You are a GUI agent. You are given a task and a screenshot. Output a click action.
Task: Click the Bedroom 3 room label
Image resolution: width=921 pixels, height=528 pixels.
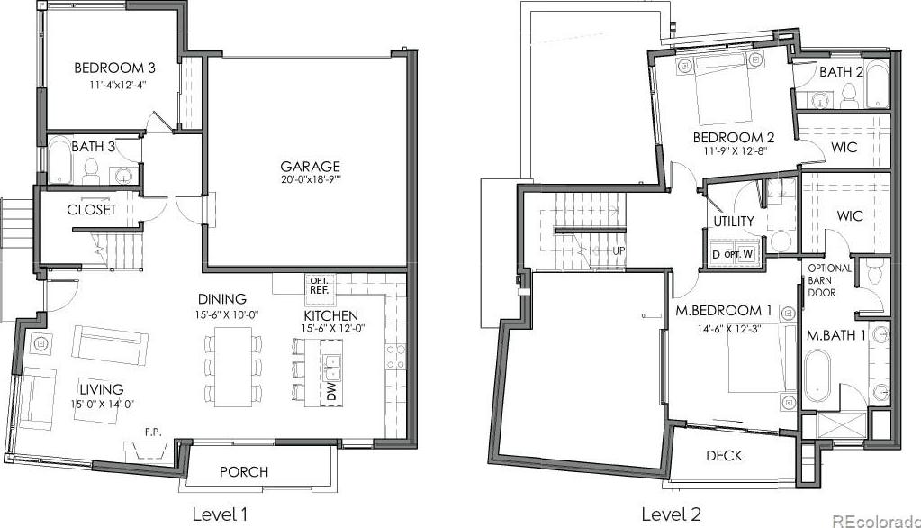click(x=114, y=68)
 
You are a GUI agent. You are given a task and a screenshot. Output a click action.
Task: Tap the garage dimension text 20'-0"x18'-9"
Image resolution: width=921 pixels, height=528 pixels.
click(x=310, y=180)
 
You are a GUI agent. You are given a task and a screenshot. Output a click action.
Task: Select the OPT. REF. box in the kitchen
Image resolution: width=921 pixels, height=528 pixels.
click(x=320, y=285)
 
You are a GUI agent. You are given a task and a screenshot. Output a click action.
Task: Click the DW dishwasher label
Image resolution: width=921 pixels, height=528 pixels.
click(x=330, y=392)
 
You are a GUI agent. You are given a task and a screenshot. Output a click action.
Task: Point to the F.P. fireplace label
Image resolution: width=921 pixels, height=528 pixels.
click(x=153, y=432)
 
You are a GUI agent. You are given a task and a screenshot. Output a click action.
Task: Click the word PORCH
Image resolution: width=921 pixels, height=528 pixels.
click(x=244, y=471)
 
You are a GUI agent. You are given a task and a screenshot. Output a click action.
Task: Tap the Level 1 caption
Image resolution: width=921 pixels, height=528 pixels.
click(x=221, y=514)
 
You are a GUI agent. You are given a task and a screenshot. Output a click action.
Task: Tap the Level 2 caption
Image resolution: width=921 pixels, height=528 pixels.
click(x=671, y=514)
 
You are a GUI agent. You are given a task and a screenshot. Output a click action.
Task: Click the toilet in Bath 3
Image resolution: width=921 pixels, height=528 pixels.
click(x=90, y=169)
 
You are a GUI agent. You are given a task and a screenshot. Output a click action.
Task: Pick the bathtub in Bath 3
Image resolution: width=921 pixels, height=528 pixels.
click(x=60, y=159)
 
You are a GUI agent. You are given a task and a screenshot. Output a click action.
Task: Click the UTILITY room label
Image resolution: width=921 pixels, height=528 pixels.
click(x=734, y=221)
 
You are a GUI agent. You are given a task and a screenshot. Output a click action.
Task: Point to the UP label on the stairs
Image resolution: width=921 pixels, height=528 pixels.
click(x=619, y=250)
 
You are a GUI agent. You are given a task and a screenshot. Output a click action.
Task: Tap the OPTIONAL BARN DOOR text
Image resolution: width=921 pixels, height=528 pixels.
click(x=829, y=280)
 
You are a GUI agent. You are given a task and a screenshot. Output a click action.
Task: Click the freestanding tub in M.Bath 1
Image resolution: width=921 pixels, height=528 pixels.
click(x=817, y=375)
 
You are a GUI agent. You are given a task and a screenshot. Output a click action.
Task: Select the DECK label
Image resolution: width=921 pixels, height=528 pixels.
click(x=724, y=456)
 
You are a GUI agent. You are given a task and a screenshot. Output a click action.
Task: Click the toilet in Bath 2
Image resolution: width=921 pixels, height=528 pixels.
click(x=849, y=96)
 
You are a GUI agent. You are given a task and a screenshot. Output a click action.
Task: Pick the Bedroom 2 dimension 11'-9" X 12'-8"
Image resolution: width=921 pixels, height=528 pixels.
click(x=734, y=150)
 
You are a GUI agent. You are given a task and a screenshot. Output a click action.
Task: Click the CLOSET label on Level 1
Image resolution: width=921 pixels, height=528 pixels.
click(x=91, y=210)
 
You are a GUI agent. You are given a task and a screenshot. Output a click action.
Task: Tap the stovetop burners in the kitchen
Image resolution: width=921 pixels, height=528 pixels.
click(x=394, y=356)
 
